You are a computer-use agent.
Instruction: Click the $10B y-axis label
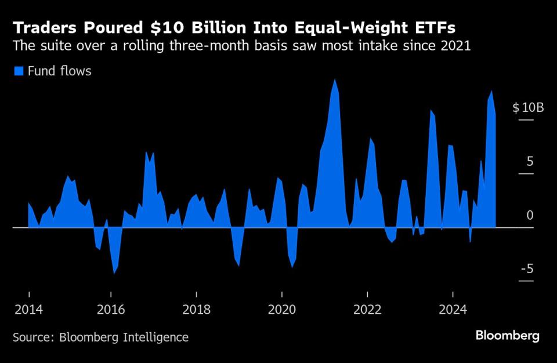pos(528,108)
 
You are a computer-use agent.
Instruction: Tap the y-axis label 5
pos(530,161)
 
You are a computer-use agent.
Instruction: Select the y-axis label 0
pos(530,215)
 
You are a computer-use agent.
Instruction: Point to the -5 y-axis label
pos(527,268)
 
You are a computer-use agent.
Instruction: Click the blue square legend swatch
pos(18,71)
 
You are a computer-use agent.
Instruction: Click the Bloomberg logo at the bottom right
pos(508,336)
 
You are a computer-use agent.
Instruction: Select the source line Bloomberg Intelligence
pos(100,337)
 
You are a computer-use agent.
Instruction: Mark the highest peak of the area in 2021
pos(334,79)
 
